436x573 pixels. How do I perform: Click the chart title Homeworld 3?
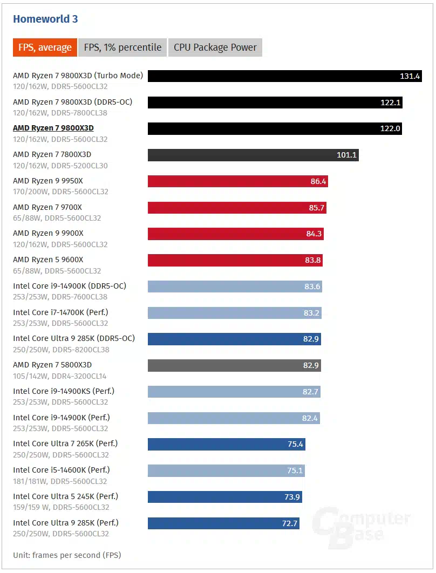[x=45, y=19]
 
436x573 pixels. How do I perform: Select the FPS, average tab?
[x=45, y=47]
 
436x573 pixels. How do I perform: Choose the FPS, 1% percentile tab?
[x=122, y=47]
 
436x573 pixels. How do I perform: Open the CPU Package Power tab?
[x=215, y=47]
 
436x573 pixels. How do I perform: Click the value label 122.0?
[x=390, y=128]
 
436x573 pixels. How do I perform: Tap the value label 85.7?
[x=316, y=207]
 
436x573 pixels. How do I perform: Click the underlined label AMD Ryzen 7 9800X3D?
[x=53, y=128]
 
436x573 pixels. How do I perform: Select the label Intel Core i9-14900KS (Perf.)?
[x=64, y=391]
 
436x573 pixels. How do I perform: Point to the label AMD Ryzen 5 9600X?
[x=48, y=260]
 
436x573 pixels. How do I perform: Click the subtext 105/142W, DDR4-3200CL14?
[x=60, y=376]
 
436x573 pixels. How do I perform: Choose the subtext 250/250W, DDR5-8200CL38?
[x=60, y=350]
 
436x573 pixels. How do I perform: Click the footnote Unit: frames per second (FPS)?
[x=67, y=555]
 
